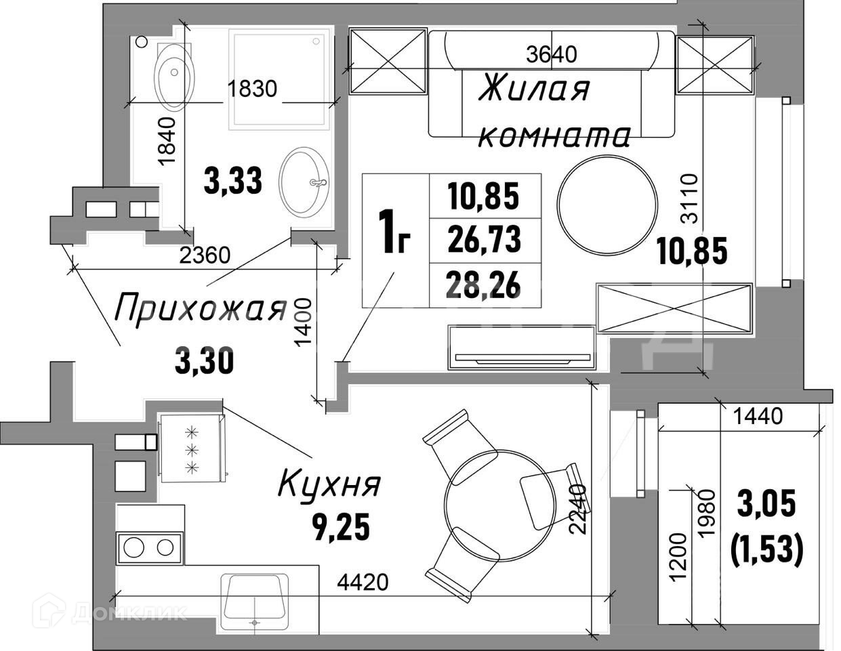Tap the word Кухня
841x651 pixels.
(330, 485)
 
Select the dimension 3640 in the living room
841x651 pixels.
(552, 54)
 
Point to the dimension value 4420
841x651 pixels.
(362, 582)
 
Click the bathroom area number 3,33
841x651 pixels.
(232, 182)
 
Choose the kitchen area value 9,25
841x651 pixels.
(341, 526)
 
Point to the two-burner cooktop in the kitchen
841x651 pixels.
(149, 548)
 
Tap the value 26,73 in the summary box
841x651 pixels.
(484, 239)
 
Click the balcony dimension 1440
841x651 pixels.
(758, 416)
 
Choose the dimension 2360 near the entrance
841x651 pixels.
(205, 256)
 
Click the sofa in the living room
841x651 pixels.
(551, 85)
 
